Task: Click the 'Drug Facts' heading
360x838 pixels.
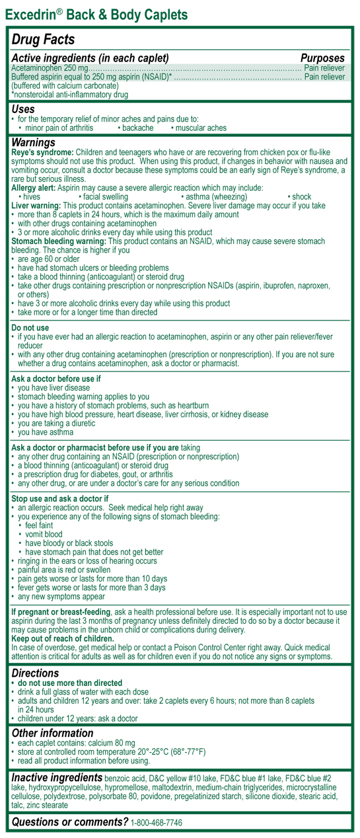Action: pos(43,40)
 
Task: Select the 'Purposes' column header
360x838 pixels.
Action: pos(322,58)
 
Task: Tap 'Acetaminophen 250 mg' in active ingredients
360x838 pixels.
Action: pos(50,68)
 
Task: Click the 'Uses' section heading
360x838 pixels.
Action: pos(23,109)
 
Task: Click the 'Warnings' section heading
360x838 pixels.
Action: pos(34,142)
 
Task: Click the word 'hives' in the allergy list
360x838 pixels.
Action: pos(32,197)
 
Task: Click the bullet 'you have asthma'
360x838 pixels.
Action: pos(46,432)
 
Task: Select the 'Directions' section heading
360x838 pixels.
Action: pos(36,672)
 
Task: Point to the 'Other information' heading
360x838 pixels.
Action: pos(53,733)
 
